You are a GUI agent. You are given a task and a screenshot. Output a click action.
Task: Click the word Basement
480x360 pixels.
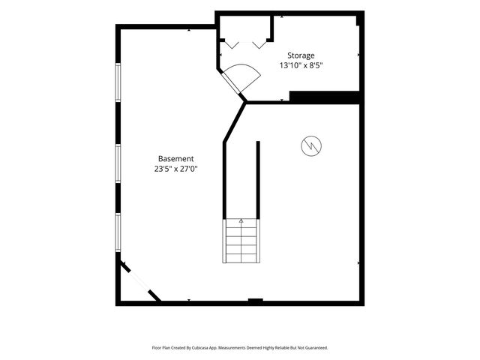(x=176, y=158)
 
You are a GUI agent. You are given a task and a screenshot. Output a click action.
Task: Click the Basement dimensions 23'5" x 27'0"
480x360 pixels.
(x=176, y=169)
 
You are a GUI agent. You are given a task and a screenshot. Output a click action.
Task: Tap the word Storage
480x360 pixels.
(x=301, y=55)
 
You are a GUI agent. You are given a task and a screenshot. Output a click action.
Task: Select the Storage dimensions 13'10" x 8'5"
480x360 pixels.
(x=301, y=65)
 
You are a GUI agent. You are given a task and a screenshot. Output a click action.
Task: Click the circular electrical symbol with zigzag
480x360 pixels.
(x=311, y=145)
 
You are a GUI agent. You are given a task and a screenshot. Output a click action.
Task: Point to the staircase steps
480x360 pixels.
(x=241, y=241)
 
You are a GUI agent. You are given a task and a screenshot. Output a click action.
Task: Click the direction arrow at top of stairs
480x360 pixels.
(x=241, y=220)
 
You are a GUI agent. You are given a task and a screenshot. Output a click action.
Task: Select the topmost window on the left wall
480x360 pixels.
(x=118, y=82)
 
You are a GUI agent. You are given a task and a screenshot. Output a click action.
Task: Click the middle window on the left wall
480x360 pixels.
(x=118, y=163)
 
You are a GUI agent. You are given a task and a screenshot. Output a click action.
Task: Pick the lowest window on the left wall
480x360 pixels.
(x=118, y=232)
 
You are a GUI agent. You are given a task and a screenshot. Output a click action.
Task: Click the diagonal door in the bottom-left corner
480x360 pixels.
(x=140, y=281)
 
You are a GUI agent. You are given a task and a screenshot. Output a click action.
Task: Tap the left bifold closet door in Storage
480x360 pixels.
(x=232, y=45)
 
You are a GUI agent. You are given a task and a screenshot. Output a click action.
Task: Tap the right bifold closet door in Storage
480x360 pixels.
(x=259, y=45)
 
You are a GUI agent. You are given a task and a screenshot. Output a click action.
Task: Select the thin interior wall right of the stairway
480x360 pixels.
(x=258, y=180)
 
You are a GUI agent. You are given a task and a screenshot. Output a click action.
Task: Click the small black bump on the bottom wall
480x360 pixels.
(x=255, y=300)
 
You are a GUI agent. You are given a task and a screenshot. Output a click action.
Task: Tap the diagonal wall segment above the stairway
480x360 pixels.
(x=235, y=121)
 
